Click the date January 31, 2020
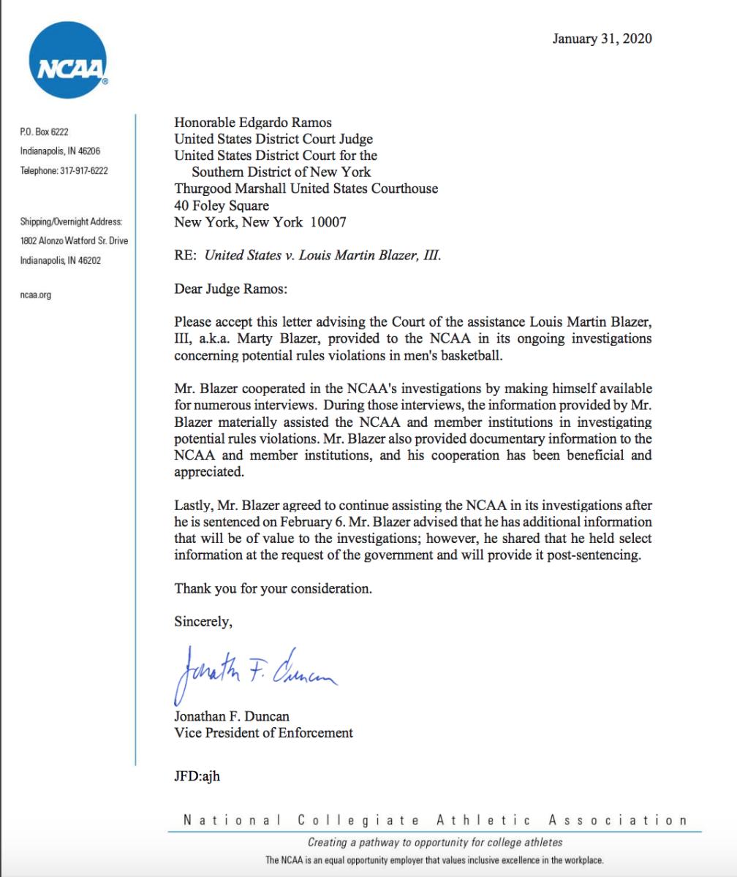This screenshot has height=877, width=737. pyautogui.click(x=602, y=39)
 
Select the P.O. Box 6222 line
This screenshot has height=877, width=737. pyautogui.click(x=45, y=132)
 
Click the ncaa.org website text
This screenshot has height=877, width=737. pyautogui.click(x=35, y=295)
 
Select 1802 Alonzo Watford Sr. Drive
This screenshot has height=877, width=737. pyautogui.click(x=75, y=241)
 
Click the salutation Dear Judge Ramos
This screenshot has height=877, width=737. pyautogui.click(x=231, y=289)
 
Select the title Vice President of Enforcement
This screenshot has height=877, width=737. pyautogui.click(x=263, y=732)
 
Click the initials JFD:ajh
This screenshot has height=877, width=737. pyautogui.click(x=197, y=776)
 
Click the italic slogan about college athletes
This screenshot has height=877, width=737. pyautogui.click(x=434, y=842)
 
